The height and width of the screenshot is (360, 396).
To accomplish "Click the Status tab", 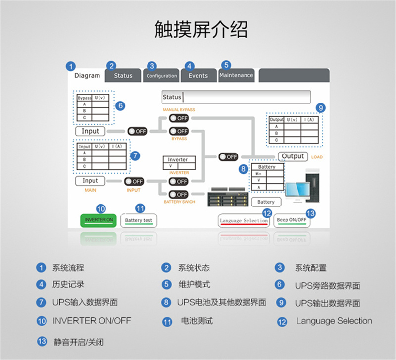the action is tap(123, 76).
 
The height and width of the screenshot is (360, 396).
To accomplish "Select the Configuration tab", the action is tap(161, 76).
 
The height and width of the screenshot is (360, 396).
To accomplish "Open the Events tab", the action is tap(198, 76).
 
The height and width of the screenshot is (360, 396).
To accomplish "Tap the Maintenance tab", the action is tap(236, 75).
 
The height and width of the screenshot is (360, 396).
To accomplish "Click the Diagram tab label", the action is tap(87, 76).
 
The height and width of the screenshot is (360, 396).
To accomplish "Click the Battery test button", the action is tap(139, 220).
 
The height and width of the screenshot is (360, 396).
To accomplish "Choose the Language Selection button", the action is tap(244, 221).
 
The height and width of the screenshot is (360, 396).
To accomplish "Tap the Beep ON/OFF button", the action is tap(292, 220).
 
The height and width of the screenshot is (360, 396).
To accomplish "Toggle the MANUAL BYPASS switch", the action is tap(179, 118).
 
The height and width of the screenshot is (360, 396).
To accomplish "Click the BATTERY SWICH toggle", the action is tap(179, 194).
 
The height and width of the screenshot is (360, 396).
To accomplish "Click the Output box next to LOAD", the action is tap(293, 156).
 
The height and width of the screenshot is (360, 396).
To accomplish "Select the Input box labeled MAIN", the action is tap(90, 181).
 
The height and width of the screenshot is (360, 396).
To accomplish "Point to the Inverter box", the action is tap(179, 163).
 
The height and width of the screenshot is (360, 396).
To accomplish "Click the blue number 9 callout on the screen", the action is tap(321, 108).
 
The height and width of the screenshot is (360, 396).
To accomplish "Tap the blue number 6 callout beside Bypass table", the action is tap(120, 105).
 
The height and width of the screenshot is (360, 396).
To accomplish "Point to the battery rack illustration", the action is tap(228, 197).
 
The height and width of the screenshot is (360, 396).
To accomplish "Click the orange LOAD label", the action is tap(317, 157).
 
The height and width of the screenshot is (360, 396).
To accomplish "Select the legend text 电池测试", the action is tap(197, 321).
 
